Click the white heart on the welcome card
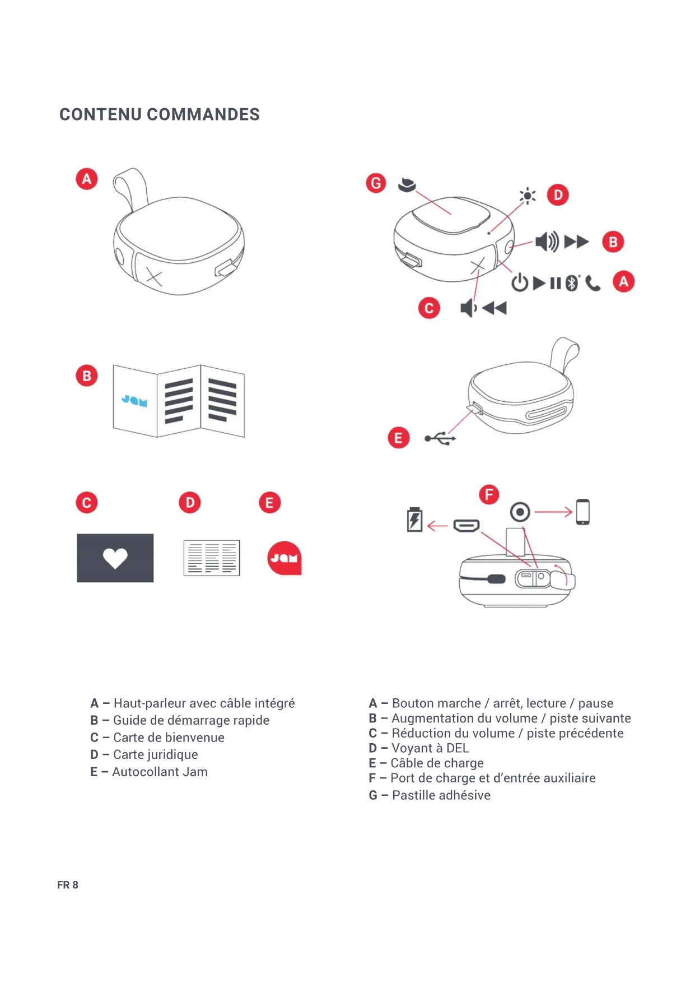click(115, 558)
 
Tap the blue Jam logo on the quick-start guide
click(134, 401)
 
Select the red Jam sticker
click(284, 558)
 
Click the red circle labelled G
click(376, 183)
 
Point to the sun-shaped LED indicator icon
click(527, 196)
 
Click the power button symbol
click(520, 282)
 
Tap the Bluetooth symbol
click(571, 283)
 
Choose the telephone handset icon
click(593, 284)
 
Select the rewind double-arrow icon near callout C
click(494, 308)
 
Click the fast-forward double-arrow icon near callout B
click(576, 242)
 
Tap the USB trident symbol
click(440, 438)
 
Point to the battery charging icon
click(414, 520)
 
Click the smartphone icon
click(582, 512)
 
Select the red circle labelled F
click(489, 495)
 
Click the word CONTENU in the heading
click(100, 114)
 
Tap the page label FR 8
click(68, 885)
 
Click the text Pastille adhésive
click(441, 795)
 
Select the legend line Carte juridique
click(155, 755)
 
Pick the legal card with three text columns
click(212, 558)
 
